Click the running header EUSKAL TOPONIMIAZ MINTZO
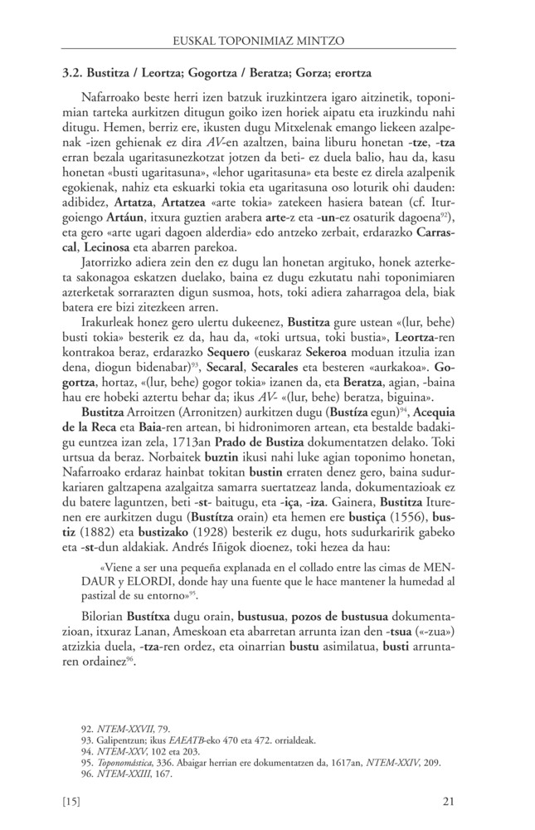tap(267, 39)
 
